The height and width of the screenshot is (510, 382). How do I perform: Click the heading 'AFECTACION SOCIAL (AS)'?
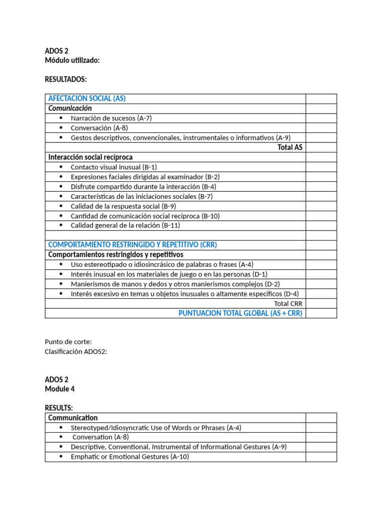(x=87, y=99)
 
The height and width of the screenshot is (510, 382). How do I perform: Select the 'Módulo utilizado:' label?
(x=72, y=60)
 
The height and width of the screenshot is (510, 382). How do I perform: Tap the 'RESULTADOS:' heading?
(x=66, y=79)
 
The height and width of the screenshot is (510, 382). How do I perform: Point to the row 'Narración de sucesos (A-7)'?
(x=111, y=118)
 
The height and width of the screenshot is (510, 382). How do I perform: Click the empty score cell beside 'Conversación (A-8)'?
(x=321, y=128)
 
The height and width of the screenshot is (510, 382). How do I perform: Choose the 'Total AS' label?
(x=290, y=147)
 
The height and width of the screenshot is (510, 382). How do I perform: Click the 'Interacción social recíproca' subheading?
(x=91, y=157)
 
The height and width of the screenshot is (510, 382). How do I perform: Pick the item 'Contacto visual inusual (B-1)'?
(x=114, y=167)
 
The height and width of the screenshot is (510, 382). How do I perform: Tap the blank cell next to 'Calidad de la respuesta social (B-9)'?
(x=321, y=206)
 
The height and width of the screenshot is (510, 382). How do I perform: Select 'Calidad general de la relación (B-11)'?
(x=125, y=225)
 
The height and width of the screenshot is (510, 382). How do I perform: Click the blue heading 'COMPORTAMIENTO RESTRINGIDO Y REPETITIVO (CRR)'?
(x=132, y=245)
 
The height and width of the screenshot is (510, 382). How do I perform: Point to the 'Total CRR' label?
(x=288, y=303)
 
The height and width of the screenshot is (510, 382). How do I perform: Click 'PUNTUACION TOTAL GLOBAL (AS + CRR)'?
(x=240, y=313)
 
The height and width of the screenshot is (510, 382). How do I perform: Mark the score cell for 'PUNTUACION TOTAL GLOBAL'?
(x=321, y=313)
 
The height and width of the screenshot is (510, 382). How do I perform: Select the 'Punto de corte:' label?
(x=68, y=342)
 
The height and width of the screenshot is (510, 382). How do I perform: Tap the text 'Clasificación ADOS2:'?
(x=76, y=351)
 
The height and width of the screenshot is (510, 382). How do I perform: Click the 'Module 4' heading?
(x=60, y=388)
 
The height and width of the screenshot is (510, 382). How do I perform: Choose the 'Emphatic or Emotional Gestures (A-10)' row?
(x=130, y=457)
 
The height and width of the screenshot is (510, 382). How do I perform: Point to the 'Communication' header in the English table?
(x=73, y=418)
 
